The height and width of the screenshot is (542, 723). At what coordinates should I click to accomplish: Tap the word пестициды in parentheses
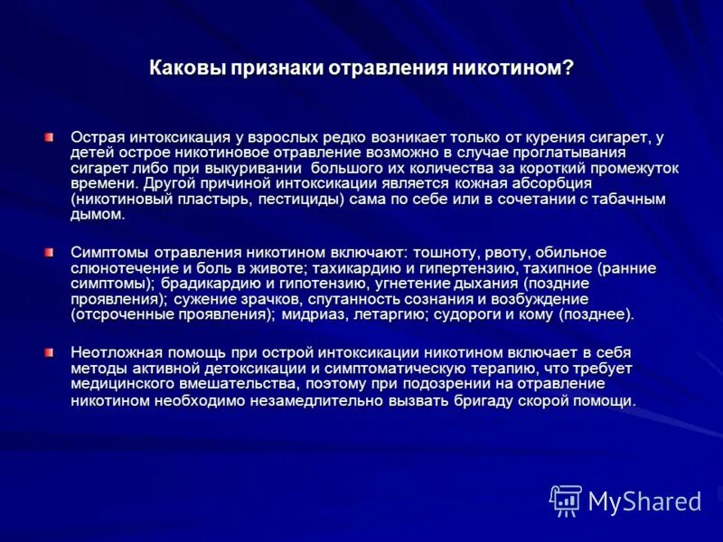(308, 200)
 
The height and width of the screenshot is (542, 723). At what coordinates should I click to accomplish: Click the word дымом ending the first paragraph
(96, 215)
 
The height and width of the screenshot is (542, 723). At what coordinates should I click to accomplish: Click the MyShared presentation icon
(566, 500)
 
